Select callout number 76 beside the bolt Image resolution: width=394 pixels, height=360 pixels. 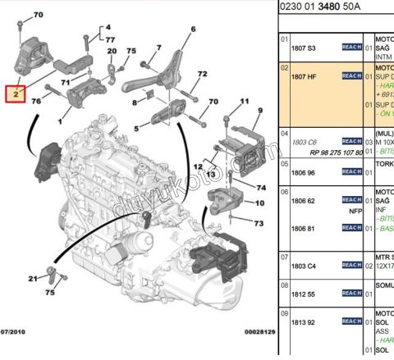point(36,101)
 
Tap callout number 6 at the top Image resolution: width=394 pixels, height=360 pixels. point(193,30)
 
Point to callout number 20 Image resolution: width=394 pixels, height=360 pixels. point(111,51)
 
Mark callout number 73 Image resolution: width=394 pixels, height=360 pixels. point(259,223)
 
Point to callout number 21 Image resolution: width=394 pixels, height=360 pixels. point(33,280)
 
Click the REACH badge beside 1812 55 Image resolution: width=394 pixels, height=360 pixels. point(351,293)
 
